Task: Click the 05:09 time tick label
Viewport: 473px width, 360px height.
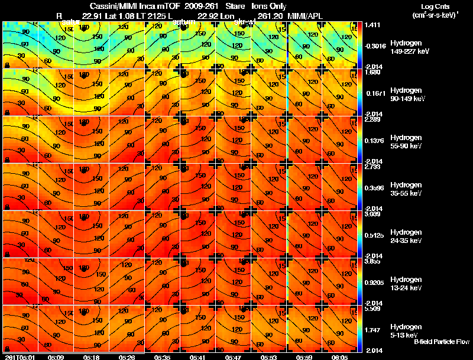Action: [56, 357]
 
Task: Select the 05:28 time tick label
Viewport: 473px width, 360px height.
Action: [127, 357]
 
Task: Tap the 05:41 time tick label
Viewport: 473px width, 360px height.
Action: [197, 357]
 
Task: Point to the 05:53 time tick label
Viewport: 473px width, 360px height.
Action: [268, 357]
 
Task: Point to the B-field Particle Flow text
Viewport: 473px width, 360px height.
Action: [441, 342]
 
